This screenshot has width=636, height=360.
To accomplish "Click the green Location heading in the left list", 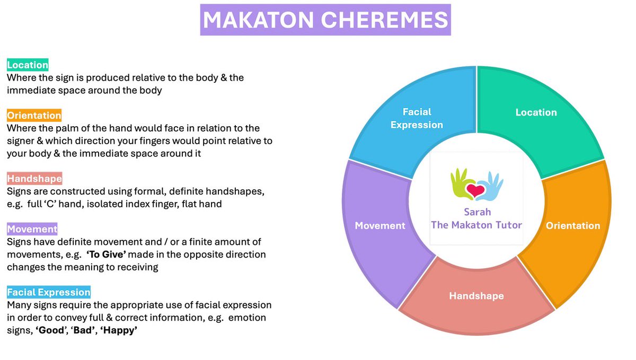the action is click(28, 65).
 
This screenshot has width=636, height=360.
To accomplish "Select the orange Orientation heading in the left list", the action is click(34, 115).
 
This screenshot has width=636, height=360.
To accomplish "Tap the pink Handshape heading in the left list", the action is click(34, 178).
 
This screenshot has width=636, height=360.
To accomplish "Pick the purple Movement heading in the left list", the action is click(32, 229).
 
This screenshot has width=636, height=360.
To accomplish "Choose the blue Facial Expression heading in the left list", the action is click(49, 292).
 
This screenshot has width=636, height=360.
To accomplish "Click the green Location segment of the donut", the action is click(536, 112).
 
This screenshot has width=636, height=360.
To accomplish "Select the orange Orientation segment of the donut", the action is click(573, 225).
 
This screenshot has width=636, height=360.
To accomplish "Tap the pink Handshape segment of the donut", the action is click(476, 296).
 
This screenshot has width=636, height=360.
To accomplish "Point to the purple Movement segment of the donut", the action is click(379, 225).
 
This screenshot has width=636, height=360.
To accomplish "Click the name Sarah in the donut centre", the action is click(476, 212).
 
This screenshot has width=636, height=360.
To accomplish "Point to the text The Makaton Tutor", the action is click(476, 225).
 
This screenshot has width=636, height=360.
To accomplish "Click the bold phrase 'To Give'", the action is click(107, 254).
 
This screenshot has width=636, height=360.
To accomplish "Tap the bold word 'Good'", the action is click(50, 330).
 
